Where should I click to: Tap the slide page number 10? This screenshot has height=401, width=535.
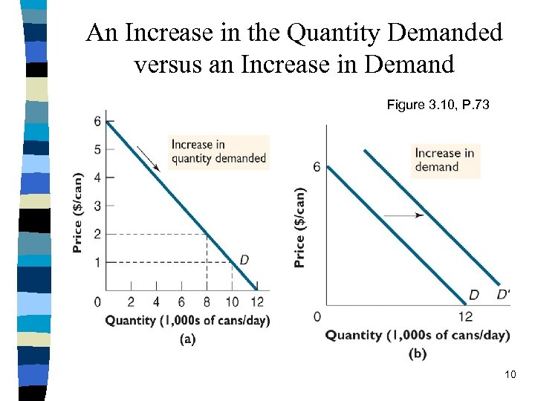point(510,374)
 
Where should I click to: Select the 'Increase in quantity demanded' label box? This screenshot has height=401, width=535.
point(218,151)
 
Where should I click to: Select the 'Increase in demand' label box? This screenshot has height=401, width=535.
point(444,160)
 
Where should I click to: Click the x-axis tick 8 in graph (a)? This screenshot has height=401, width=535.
point(207,302)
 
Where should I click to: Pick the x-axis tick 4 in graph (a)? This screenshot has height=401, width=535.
point(156,302)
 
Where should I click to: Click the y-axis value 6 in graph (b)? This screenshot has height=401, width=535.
point(317,167)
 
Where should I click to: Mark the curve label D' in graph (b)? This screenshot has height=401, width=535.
point(503,295)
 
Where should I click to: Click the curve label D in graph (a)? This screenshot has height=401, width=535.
point(243,259)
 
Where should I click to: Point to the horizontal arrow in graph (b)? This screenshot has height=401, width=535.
point(404,215)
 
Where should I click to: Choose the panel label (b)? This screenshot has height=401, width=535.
point(418,353)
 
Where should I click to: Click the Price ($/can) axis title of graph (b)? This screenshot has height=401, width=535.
point(299,226)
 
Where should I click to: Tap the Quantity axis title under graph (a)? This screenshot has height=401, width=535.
point(187,320)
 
